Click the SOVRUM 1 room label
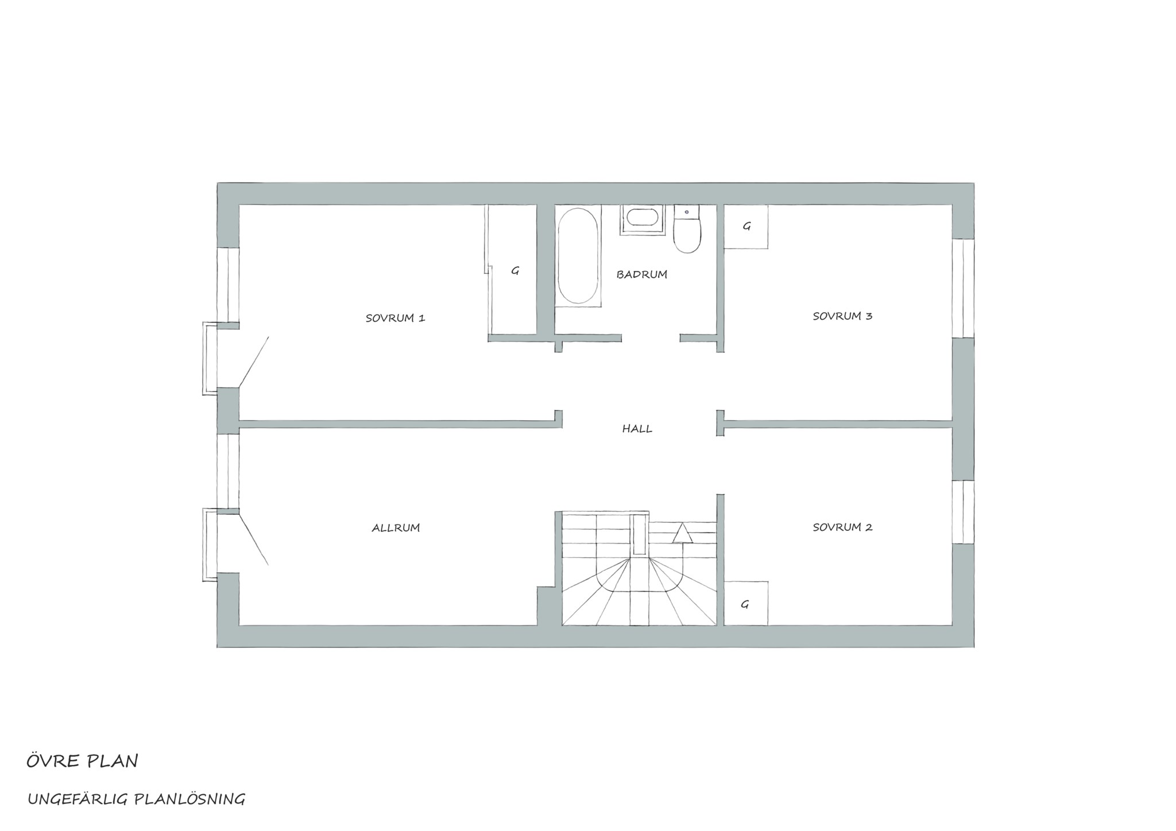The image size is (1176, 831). point(395,318)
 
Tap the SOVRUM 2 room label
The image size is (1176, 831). point(842,527)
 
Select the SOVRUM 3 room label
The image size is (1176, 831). point(842,316)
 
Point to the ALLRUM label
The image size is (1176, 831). point(396,527)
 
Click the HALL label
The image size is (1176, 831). point(637,429)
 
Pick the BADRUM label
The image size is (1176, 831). point(641,274)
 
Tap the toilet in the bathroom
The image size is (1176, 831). point(687,229)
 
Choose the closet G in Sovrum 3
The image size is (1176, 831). point(746,227)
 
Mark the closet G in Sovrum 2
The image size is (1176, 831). point(746,603)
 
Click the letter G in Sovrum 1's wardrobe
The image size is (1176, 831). point(515,271)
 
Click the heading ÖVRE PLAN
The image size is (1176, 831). point(82,761)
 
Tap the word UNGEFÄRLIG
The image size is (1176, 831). point(79,799)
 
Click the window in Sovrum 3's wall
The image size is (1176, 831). point(963,288)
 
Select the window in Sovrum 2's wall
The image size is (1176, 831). point(963,512)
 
